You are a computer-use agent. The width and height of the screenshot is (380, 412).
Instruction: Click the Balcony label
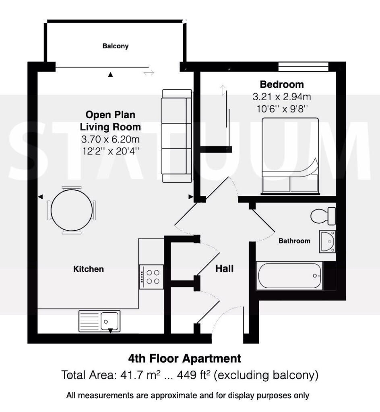(116, 46)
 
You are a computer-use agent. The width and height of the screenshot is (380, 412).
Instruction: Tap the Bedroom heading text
(282, 84)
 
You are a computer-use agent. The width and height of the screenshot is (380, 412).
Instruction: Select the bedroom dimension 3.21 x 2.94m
(282, 97)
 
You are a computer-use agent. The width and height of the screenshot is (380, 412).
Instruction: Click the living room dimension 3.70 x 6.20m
(110, 139)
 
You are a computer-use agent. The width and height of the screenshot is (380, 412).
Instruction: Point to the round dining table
(72, 210)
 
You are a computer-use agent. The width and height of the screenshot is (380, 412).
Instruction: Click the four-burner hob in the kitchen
(151, 277)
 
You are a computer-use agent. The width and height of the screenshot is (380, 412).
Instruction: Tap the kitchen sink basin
(110, 321)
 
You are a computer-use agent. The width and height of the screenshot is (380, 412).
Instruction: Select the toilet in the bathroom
(323, 216)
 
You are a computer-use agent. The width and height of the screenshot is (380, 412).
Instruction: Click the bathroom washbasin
(327, 241)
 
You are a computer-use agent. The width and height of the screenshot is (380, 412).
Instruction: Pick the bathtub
(289, 276)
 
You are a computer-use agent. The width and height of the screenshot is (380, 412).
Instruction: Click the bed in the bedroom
(290, 156)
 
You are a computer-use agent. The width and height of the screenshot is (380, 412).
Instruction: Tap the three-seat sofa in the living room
(177, 136)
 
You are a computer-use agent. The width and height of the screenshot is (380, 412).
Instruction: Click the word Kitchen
(88, 269)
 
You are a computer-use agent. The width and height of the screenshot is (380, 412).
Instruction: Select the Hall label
(224, 268)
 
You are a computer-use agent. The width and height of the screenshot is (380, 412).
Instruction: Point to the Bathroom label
(294, 241)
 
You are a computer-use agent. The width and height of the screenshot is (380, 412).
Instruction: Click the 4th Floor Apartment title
(184, 358)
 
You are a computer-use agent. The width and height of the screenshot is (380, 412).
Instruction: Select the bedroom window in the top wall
(303, 66)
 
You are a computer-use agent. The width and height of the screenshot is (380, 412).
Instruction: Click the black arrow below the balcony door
(111, 75)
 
